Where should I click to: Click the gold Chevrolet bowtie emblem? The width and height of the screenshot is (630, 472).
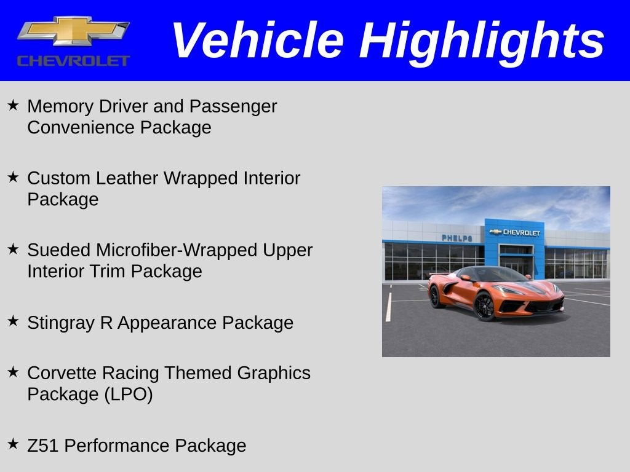73,31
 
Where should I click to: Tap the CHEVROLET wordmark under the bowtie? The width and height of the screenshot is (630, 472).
73,61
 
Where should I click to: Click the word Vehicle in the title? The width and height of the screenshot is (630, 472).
257,41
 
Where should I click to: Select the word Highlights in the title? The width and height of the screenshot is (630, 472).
482,41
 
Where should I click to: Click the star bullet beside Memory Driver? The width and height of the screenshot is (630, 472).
14,105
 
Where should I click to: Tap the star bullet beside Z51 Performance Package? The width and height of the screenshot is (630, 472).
14,444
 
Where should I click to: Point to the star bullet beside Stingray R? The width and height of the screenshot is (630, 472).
14,321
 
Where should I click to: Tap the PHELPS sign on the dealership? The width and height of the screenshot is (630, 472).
457,238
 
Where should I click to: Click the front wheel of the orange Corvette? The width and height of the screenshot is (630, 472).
484,305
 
